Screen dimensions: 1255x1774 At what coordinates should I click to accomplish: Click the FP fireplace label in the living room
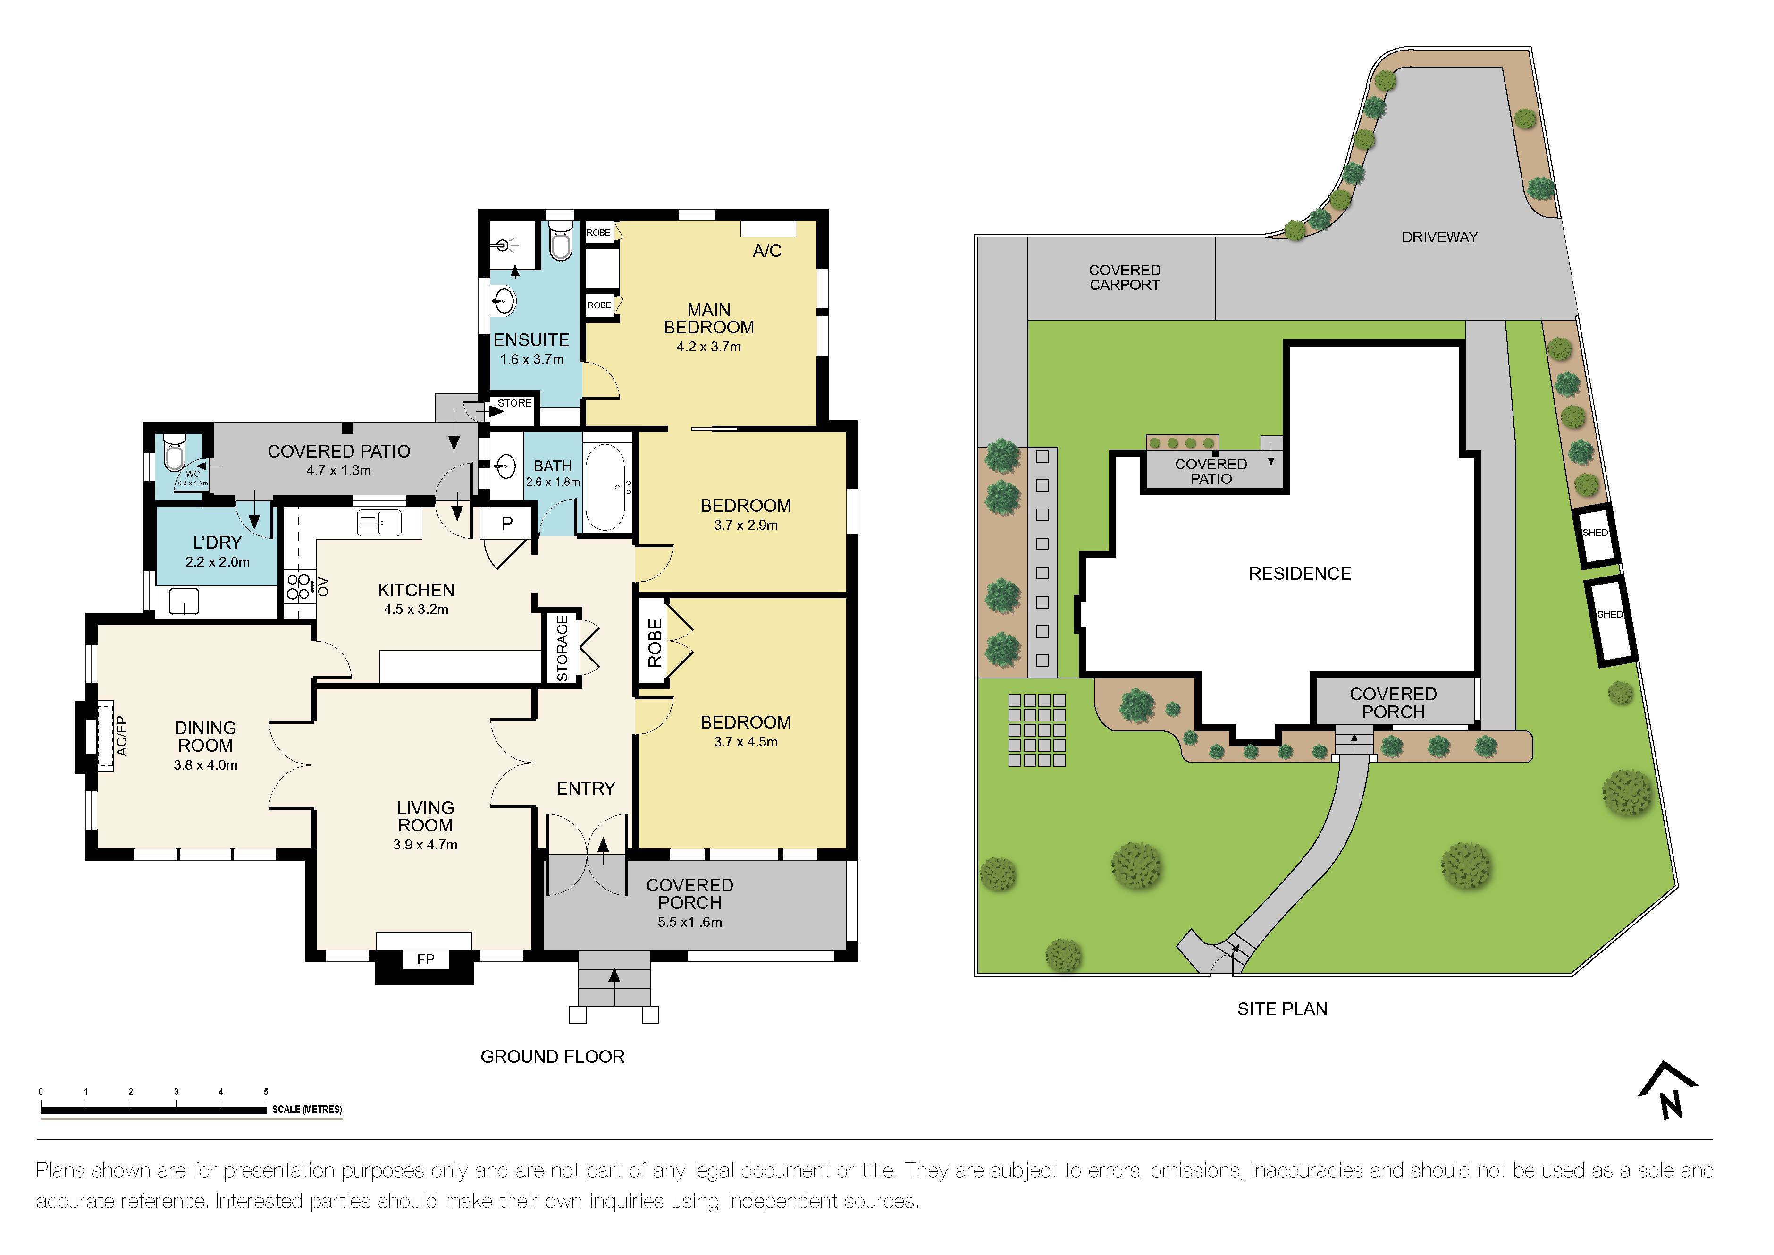pos(425,959)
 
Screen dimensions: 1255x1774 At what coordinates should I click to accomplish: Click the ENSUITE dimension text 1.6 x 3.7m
pos(531,359)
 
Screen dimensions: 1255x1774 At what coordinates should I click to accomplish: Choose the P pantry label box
pos(507,523)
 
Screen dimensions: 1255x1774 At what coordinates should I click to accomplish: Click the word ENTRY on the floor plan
pos(586,788)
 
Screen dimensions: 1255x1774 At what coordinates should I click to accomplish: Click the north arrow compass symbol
pos(1668,1090)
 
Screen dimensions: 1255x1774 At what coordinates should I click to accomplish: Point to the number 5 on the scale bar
pos(266,1091)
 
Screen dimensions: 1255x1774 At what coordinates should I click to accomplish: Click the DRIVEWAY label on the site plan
pos(1439,237)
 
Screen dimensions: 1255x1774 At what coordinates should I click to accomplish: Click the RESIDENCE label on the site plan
pos(1300,573)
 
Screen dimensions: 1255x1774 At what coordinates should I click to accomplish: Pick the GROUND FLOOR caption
pos(553,1056)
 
